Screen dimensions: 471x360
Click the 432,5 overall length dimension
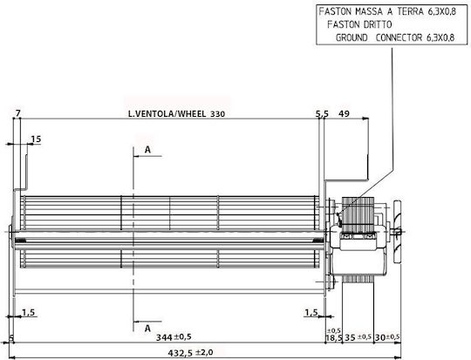coord(190,352)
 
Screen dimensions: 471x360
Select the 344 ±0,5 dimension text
coord(174,337)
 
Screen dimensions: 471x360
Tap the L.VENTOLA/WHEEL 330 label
coord(176,114)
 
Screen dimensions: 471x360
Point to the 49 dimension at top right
coord(344,113)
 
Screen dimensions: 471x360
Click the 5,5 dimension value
coord(322,114)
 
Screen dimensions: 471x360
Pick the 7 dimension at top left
coord(18,113)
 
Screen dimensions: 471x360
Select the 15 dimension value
coord(36,139)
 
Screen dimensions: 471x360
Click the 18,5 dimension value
coord(334,338)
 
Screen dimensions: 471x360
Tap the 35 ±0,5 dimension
coord(358,337)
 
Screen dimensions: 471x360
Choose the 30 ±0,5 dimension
coord(387,337)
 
